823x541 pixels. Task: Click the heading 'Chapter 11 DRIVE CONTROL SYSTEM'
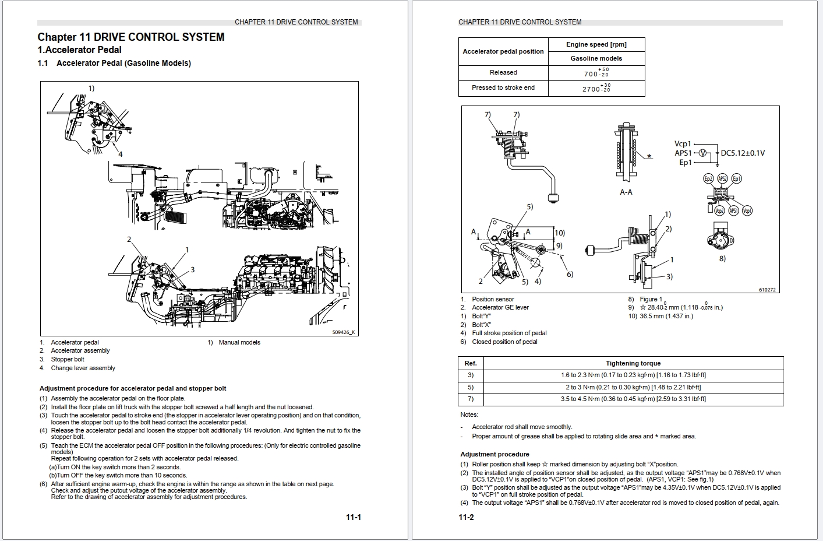[x=131, y=37]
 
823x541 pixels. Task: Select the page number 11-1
[x=353, y=517]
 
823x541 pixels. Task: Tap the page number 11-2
[x=466, y=517]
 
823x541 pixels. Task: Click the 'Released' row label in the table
[x=503, y=73]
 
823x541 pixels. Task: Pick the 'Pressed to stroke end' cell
[x=503, y=88]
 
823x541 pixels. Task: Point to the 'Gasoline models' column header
[x=596, y=58]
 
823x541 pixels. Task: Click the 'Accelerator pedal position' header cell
[x=503, y=51]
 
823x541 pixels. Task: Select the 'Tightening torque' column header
[x=633, y=363]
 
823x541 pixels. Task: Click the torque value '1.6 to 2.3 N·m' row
[x=633, y=375]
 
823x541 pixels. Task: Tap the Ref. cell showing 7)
[x=471, y=399]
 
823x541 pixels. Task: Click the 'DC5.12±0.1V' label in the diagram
[x=743, y=153]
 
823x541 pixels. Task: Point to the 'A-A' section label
[x=626, y=192]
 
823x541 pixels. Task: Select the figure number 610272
[x=767, y=290]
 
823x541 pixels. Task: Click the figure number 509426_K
[x=343, y=332]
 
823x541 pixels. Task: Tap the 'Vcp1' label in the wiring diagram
[x=683, y=144]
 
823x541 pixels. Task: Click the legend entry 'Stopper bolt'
[x=68, y=359]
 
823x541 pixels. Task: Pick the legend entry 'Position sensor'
[x=493, y=299]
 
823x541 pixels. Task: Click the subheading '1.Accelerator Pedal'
[x=80, y=50]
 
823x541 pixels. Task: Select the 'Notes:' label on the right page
[x=469, y=414]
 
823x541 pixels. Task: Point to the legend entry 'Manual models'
[x=239, y=342]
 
